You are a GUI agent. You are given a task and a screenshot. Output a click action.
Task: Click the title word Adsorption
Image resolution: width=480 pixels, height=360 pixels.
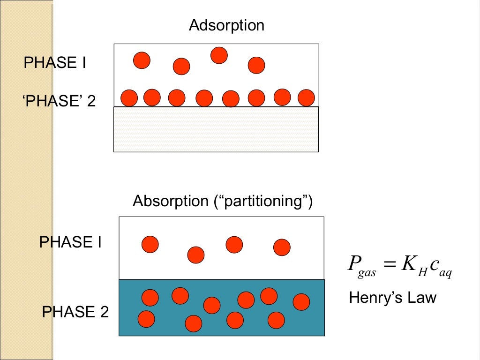coord(226,25)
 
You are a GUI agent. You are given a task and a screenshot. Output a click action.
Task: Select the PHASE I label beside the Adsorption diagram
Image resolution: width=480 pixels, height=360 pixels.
coord(55,63)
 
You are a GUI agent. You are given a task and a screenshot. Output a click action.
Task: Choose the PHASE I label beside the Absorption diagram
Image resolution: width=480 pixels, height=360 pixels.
coord(70,242)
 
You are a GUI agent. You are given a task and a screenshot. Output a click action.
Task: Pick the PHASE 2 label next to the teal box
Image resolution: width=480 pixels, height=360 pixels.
coord(75,312)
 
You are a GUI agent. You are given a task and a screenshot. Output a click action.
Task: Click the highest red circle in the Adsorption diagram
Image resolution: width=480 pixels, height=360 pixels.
coord(219,55)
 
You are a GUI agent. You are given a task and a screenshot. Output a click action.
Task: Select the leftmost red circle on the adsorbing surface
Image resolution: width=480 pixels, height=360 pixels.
coord(129,98)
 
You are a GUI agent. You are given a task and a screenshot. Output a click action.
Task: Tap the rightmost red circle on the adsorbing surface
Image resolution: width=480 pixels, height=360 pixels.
coord(306,97)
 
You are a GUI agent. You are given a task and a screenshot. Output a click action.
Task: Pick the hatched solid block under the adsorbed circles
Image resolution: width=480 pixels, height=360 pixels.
coord(216,129)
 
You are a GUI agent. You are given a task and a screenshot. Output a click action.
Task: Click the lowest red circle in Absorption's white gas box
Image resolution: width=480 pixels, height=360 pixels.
coord(196,255)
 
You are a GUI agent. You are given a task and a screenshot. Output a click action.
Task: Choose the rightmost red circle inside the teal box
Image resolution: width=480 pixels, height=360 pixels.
coord(301,302)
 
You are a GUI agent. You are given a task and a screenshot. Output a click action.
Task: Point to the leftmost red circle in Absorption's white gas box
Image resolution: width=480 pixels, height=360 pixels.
coord(150,244)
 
